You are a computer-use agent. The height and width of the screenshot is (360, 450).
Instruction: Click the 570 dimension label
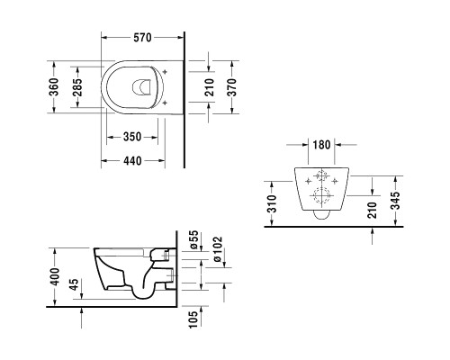coord(142,38)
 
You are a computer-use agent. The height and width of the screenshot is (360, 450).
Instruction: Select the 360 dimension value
coord(54,87)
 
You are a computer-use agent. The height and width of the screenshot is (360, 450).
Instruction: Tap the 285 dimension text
coord(77,87)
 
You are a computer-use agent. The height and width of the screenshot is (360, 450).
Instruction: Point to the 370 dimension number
coord(231,87)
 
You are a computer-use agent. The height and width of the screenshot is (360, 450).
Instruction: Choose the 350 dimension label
coord(132,137)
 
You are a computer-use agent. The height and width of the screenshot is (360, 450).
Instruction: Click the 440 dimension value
coord(132,161)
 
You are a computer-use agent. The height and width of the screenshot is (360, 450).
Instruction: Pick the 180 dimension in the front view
coord(321,145)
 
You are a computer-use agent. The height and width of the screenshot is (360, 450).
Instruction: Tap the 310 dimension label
coord(272,203)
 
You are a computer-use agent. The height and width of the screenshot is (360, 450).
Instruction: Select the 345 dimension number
coord(396,201)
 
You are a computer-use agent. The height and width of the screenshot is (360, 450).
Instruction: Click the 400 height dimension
coord(56,276)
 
